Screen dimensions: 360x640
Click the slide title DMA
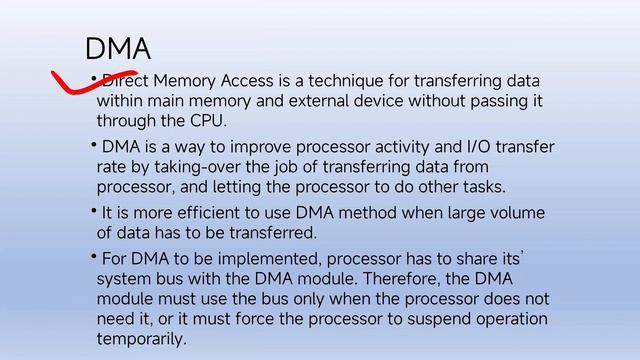click(118, 48)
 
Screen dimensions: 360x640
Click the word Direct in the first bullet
click(122, 80)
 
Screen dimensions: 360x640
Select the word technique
click(373, 80)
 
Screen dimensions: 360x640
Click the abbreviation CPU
click(207, 122)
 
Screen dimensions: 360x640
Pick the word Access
click(254, 80)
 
